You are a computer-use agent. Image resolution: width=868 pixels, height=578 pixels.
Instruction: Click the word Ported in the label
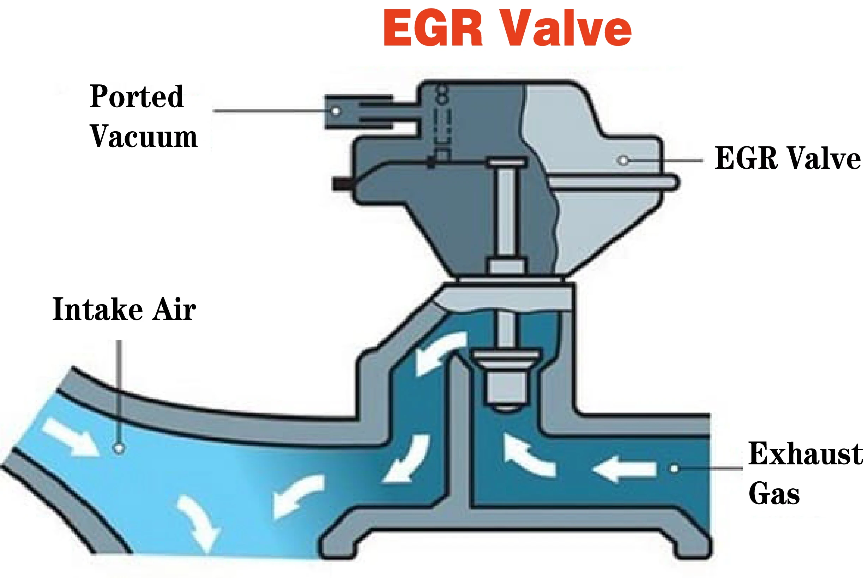pyautogui.click(x=136, y=97)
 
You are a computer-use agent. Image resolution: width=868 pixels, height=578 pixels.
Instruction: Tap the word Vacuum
pyautogui.click(x=144, y=137)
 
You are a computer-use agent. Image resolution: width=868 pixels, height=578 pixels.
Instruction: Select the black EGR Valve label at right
pyautogui.click(x=787, y=158)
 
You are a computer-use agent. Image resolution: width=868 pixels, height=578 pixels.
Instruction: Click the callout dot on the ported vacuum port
pyautogui.click(x=336, y=111)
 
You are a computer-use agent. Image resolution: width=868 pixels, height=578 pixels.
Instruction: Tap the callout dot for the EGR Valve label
pyautogui.click(x=623, y=161)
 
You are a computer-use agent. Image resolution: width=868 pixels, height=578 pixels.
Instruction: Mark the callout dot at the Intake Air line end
pyautogui.click(x=118, y=448)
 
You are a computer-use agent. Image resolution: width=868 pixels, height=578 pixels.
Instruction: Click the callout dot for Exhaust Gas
pyautogui.click(x=674, y=469)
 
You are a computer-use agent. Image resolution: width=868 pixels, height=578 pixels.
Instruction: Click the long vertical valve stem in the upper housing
pyautogui.click(x=506, y=210)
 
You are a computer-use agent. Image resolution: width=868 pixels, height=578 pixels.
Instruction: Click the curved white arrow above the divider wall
pyautogui.click(x=440, y=352)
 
